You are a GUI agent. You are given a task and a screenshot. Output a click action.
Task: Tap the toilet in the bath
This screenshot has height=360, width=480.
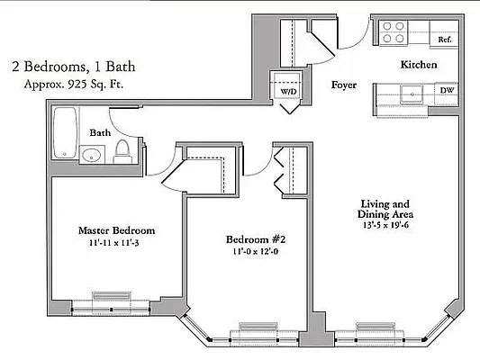(124, 152)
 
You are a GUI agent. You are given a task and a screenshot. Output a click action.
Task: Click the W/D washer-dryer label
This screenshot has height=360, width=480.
(289, 92)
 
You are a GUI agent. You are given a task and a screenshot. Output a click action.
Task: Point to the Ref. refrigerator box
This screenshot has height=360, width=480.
(444, 40)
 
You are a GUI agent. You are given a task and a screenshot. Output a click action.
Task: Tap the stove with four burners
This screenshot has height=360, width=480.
(393, 32)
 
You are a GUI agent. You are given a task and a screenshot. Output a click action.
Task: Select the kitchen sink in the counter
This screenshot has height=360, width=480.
(410, 91)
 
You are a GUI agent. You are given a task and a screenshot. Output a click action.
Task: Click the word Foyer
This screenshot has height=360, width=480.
(344, 85)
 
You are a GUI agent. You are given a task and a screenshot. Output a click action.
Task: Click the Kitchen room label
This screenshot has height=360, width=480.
(419, 66)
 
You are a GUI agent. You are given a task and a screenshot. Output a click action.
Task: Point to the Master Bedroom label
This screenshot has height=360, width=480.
(116, 230)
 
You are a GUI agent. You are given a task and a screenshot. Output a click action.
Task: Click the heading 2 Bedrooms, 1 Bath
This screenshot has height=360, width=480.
(69, 66)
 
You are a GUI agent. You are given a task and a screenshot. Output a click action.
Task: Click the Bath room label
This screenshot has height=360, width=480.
(100, 132)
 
